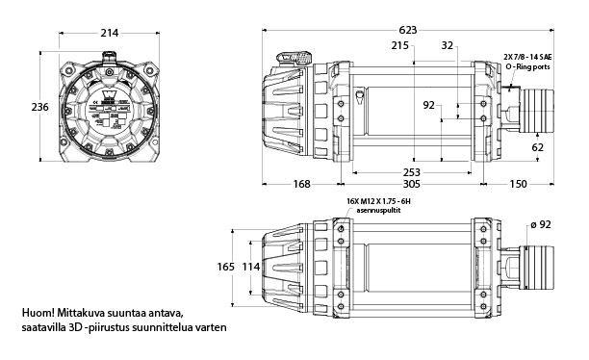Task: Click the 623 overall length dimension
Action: coord(408,30)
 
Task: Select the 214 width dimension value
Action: coord(110,33)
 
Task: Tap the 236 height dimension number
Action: coord(39,107)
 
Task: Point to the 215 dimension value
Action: coord(400,45)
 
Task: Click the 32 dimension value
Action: coord(447,45)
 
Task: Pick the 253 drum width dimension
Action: coord(412,172)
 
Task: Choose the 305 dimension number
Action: coord(412,184)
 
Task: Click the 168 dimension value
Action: coord(301,184)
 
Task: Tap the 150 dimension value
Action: coord(519,184)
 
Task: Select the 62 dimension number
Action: coord(538,147)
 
